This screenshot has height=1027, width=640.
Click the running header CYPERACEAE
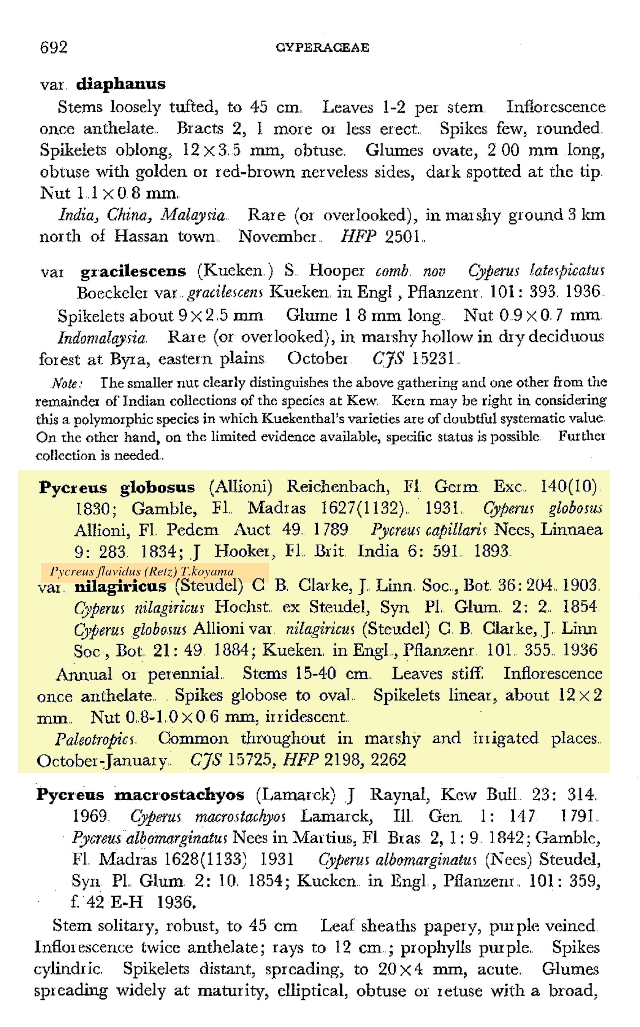point(322,48)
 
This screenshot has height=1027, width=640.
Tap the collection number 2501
point(402,236)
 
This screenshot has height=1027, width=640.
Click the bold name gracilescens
point(133,271)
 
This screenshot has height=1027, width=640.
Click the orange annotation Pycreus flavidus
point(142,572)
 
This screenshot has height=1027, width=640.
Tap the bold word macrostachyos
point(179,795)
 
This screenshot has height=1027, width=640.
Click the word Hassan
point(141,236)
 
